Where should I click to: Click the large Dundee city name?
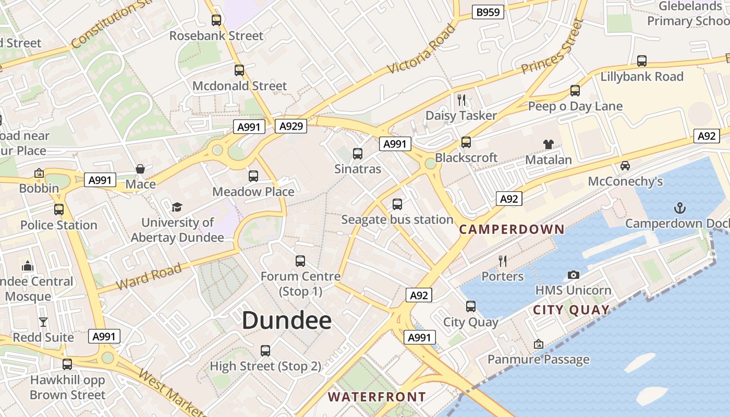(287, 320)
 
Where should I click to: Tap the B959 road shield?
(488, 12)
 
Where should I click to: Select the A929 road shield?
(291, 126)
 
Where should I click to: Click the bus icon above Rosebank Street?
(216, 20)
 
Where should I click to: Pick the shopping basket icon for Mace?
(140, 169)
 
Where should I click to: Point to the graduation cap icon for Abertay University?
(177, 207)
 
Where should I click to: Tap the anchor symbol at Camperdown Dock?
(679, 208)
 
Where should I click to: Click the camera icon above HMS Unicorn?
(573, 275)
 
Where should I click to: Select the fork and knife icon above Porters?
(503, 261)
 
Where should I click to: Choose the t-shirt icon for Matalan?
(548, 144)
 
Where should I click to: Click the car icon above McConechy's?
(625, 166)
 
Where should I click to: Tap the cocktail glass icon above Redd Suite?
(43, 322)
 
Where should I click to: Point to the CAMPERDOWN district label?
(512, 229)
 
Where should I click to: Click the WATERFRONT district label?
(376, 397)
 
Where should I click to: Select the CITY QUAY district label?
(571, 310)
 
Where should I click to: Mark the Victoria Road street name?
(421, 50)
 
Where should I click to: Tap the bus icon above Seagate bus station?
(397, 204)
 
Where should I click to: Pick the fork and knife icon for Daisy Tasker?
(461, 100)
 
